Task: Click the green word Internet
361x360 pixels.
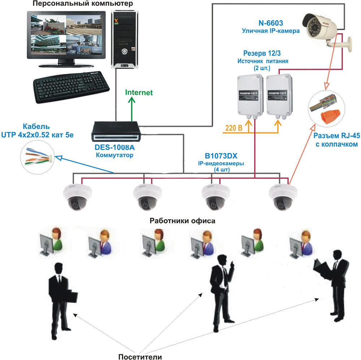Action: coord(139,92)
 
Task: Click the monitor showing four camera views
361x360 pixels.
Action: coord(66,36)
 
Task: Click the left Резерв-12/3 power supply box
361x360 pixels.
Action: coord(250,95)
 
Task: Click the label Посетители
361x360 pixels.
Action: coord(140,347)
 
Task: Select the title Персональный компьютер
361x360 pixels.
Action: coord(82,4)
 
